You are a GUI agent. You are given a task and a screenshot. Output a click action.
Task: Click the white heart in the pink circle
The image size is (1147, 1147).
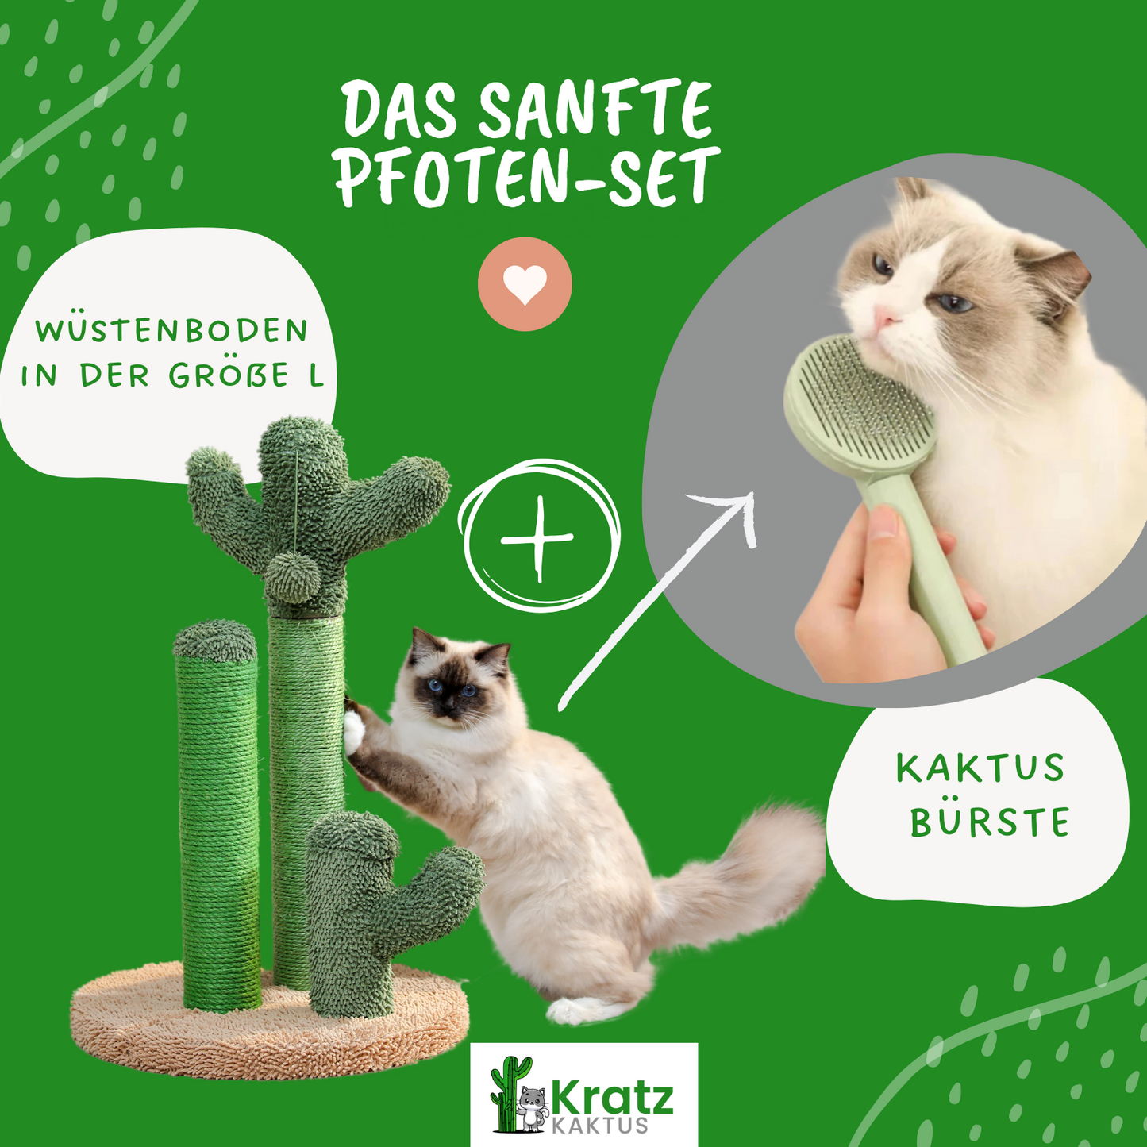click(x=525, y=284)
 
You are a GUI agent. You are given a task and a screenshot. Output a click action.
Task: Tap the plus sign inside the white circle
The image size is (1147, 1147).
click(x=538, y=539)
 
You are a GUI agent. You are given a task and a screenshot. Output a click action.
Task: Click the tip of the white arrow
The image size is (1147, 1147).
click(x=753, y=493)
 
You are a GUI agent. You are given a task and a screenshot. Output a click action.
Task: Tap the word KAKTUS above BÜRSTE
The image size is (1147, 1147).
click(x=980, y=768)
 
